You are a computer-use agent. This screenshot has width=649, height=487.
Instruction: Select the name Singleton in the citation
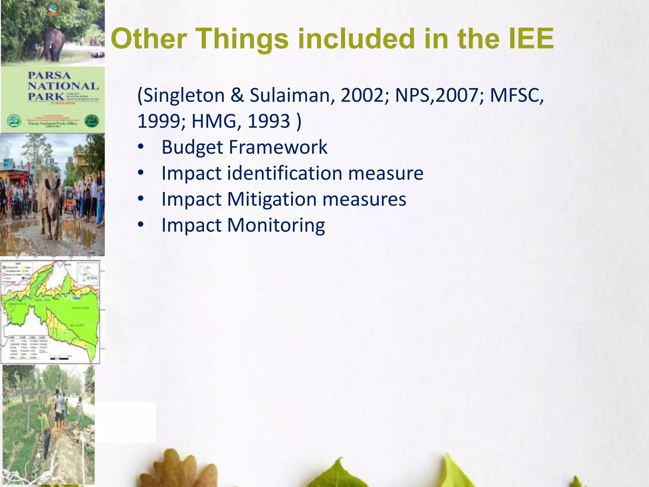[x=184, y=95]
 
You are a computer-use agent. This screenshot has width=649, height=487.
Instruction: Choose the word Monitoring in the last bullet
[x=276, y=225]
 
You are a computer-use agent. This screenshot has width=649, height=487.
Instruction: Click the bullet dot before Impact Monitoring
[x=141, y=225]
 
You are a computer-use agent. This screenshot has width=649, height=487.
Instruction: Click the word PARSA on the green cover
[x=49, y=75]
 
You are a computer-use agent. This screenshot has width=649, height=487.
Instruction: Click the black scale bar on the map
[x=60, y=359]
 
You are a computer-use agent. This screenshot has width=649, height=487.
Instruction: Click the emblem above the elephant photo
[x=52, y=10]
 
